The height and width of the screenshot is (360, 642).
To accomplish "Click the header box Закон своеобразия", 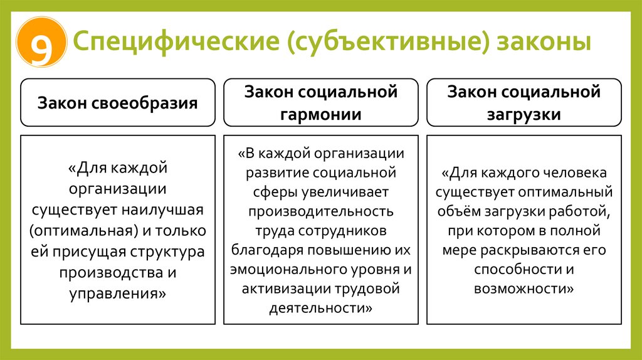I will pyautogui.click(x=118, y=103).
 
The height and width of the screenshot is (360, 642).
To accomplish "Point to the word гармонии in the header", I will pyautogui.click(x=321, y=114).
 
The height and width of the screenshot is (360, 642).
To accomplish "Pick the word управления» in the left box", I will pyautogui.click(x=118, y=293).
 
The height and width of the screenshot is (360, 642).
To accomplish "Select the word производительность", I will pyautogui.click(x=321, y=210).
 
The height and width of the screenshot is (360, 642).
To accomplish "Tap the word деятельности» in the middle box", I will pyautogui.click(x=321, y=309).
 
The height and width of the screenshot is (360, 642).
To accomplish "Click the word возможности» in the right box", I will pyautogui.click(x=524, y=289).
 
